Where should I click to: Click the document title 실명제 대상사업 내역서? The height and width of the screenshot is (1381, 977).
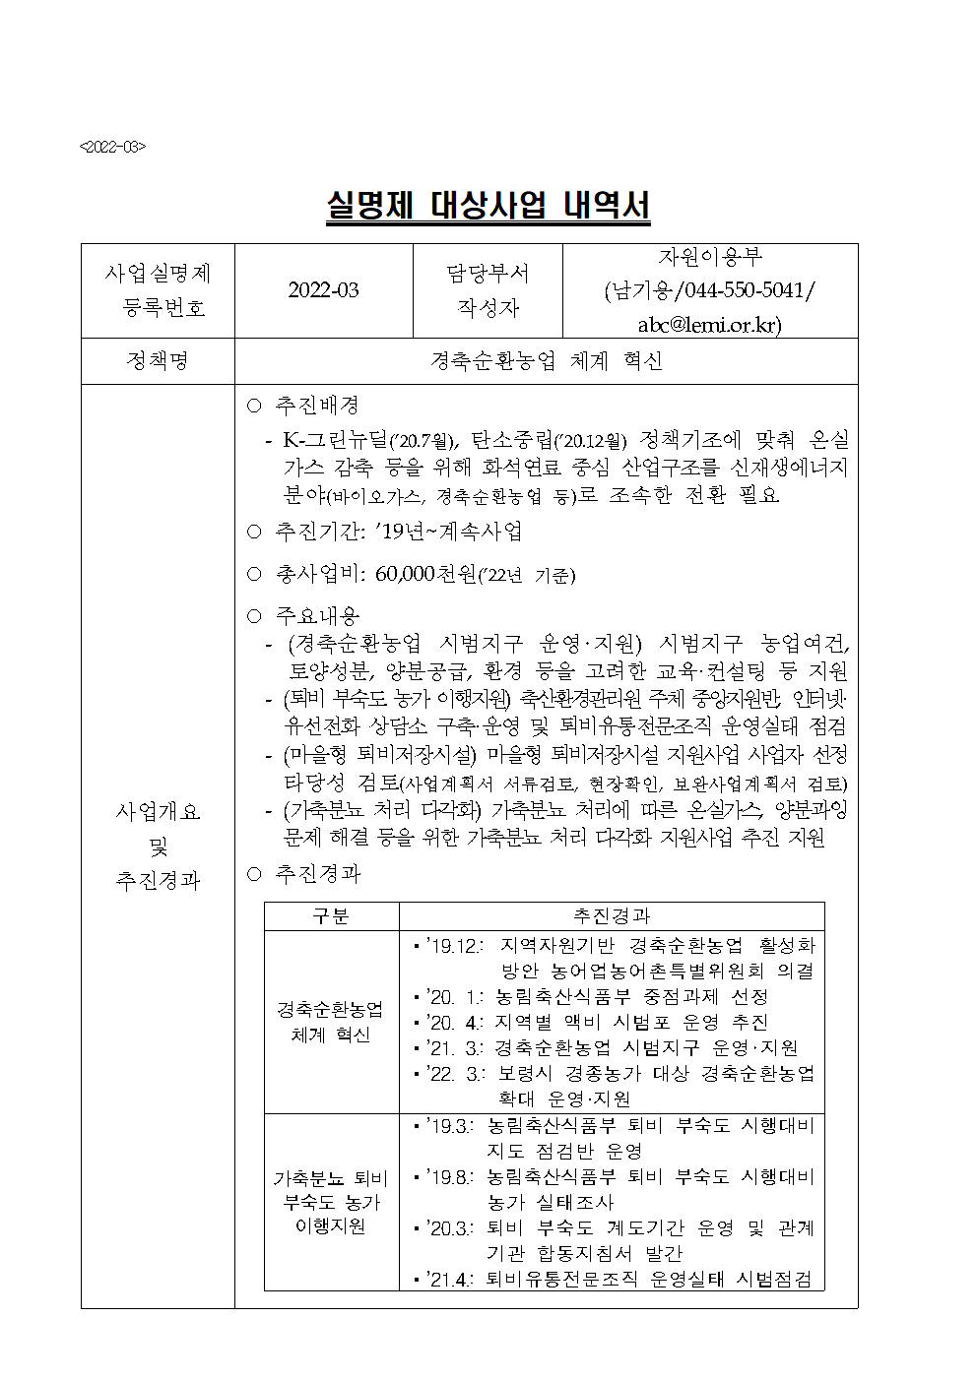coord(488,208)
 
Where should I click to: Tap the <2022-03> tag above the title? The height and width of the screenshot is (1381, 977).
coord(112,147)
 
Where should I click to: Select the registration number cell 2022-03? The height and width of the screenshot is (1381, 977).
coord(323,290)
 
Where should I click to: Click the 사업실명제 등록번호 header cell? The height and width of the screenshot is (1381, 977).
coord(158,290)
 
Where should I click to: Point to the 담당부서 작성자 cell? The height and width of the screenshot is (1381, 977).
coord(487,290)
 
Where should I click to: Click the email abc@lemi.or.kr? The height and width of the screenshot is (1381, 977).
coord(709,325)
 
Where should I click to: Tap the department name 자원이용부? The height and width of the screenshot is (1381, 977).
coord(709,258)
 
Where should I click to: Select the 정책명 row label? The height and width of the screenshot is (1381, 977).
coord(158,361)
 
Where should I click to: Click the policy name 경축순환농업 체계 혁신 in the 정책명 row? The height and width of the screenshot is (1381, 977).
coord(546,361)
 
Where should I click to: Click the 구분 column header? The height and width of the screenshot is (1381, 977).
coord(331,916)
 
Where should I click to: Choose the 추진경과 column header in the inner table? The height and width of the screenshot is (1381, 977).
coord(611,916)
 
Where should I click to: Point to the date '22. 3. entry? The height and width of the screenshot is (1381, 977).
coord(454,1073)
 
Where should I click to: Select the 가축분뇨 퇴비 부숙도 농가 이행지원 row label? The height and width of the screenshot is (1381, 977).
coord(331,1202)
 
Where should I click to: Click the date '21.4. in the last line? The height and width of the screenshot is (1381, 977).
coord(451,1279)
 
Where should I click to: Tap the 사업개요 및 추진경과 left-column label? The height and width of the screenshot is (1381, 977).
coord(158,846)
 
